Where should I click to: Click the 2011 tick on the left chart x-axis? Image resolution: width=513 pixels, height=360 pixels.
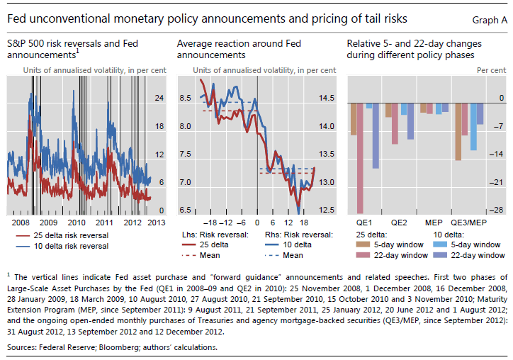104,222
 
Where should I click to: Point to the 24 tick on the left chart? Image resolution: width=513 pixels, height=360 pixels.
159,97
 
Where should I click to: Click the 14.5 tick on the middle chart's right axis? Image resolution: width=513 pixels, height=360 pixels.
327,98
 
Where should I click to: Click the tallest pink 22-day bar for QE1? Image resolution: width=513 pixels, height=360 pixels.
360,156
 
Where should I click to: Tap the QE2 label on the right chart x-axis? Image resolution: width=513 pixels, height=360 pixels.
400,222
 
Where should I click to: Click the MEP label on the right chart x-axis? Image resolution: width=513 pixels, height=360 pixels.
434,222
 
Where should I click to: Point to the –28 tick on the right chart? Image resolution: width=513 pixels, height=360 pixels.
498,210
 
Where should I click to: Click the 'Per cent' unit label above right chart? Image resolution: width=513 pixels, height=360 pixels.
491,70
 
